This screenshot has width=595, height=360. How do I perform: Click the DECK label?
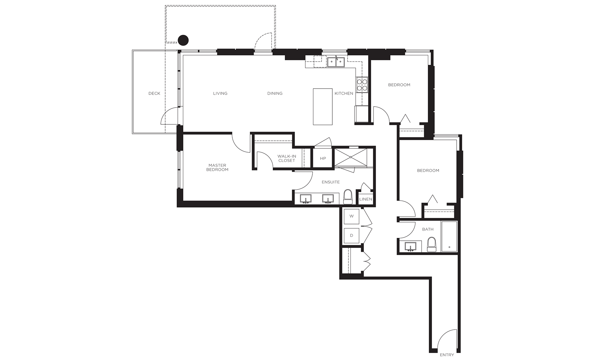[154, 93]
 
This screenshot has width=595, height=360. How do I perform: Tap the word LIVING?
[220, 93]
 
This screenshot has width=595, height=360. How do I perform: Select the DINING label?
[275, 93]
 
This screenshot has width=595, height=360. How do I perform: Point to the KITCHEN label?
[344, 93]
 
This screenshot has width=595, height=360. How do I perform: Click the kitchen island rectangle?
[323, 107]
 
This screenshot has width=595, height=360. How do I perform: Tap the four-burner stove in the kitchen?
[362, 85]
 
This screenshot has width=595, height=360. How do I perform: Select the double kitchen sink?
[336, 62]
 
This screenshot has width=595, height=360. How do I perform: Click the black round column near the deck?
[183, 40]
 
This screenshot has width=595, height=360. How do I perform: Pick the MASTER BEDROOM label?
[217, 167]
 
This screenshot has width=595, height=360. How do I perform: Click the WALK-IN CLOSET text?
[287, 158]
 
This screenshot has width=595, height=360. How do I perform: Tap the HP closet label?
[323, 158]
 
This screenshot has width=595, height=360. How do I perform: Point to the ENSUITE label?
[331, 182]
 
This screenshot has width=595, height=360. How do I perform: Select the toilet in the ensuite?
[348, 197]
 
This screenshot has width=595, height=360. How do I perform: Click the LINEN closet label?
[366, 199]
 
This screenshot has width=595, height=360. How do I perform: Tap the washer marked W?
[352, 216]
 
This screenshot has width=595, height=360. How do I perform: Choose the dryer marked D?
[352, 235]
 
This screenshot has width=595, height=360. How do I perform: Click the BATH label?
[428, 229]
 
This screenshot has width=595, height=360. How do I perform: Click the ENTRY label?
[447, 355]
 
